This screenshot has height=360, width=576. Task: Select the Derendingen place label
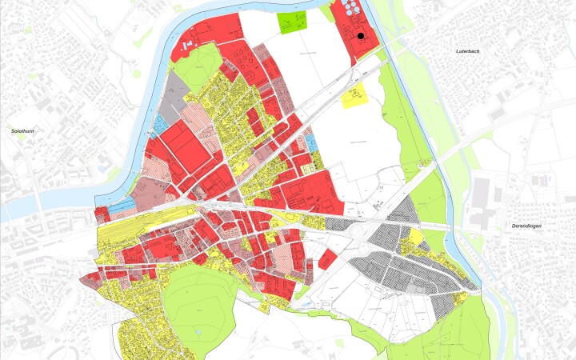click(527, 226)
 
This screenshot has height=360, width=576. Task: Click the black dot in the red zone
click(362, 36)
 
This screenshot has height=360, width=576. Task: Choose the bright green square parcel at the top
click(292, 23)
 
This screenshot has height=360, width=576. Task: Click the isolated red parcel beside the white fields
click(326, 259)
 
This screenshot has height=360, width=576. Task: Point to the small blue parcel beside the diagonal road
click(312, 142)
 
